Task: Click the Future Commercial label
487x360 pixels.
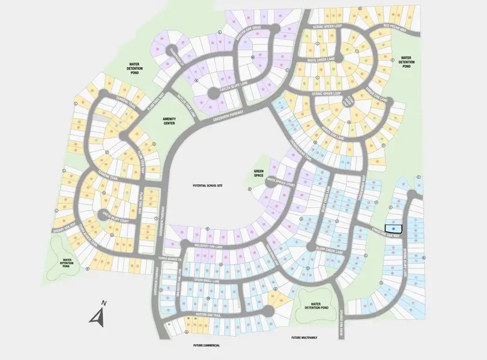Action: [203, 346]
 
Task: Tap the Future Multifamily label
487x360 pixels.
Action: [303, 338]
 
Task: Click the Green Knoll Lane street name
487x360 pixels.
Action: [208, 280]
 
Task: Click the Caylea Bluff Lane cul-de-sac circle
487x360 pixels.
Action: [213, 94]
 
